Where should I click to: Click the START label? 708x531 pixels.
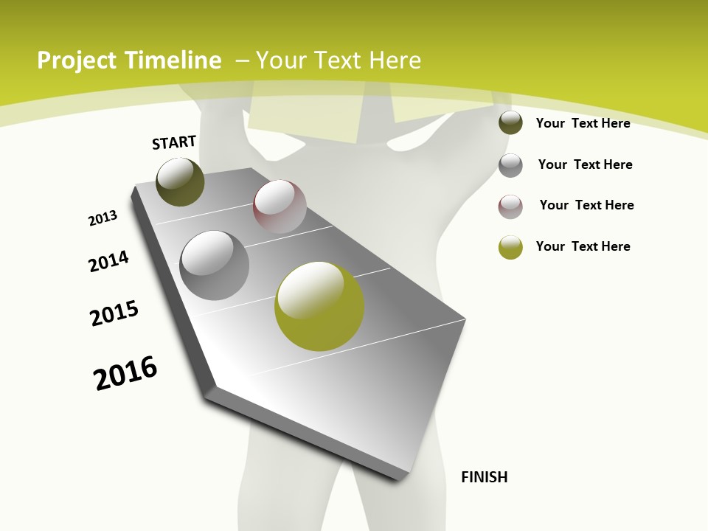[x=174, y=142]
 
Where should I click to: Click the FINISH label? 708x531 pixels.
[x=484, y=477]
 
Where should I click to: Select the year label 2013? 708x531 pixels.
[x=103, y=218]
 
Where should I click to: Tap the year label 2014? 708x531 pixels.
[x=108, y=261]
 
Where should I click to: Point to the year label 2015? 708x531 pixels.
[x=114, y=313]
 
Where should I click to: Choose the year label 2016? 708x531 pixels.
[x=125, y=372]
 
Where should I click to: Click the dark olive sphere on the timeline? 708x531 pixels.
[x=181, y=181]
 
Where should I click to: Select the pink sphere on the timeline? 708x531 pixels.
[x=280, y=206]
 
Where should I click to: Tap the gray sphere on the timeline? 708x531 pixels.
[x=215, y=265]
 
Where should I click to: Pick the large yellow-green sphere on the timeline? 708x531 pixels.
[x=319, y=305]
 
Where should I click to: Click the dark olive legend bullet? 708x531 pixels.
[x=510, y=123]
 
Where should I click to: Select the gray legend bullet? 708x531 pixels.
[x=510, y=164]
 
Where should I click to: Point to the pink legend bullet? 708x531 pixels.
[x=510, y=206]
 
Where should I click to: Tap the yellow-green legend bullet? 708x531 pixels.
[x=510, y=247]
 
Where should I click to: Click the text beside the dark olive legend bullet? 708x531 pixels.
[x=583, y=123]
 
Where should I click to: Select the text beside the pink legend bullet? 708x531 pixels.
[x=586, y=205]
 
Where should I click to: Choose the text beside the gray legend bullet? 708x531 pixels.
[x=585, y=164]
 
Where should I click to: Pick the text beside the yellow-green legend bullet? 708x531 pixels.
[x=583, y=246]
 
